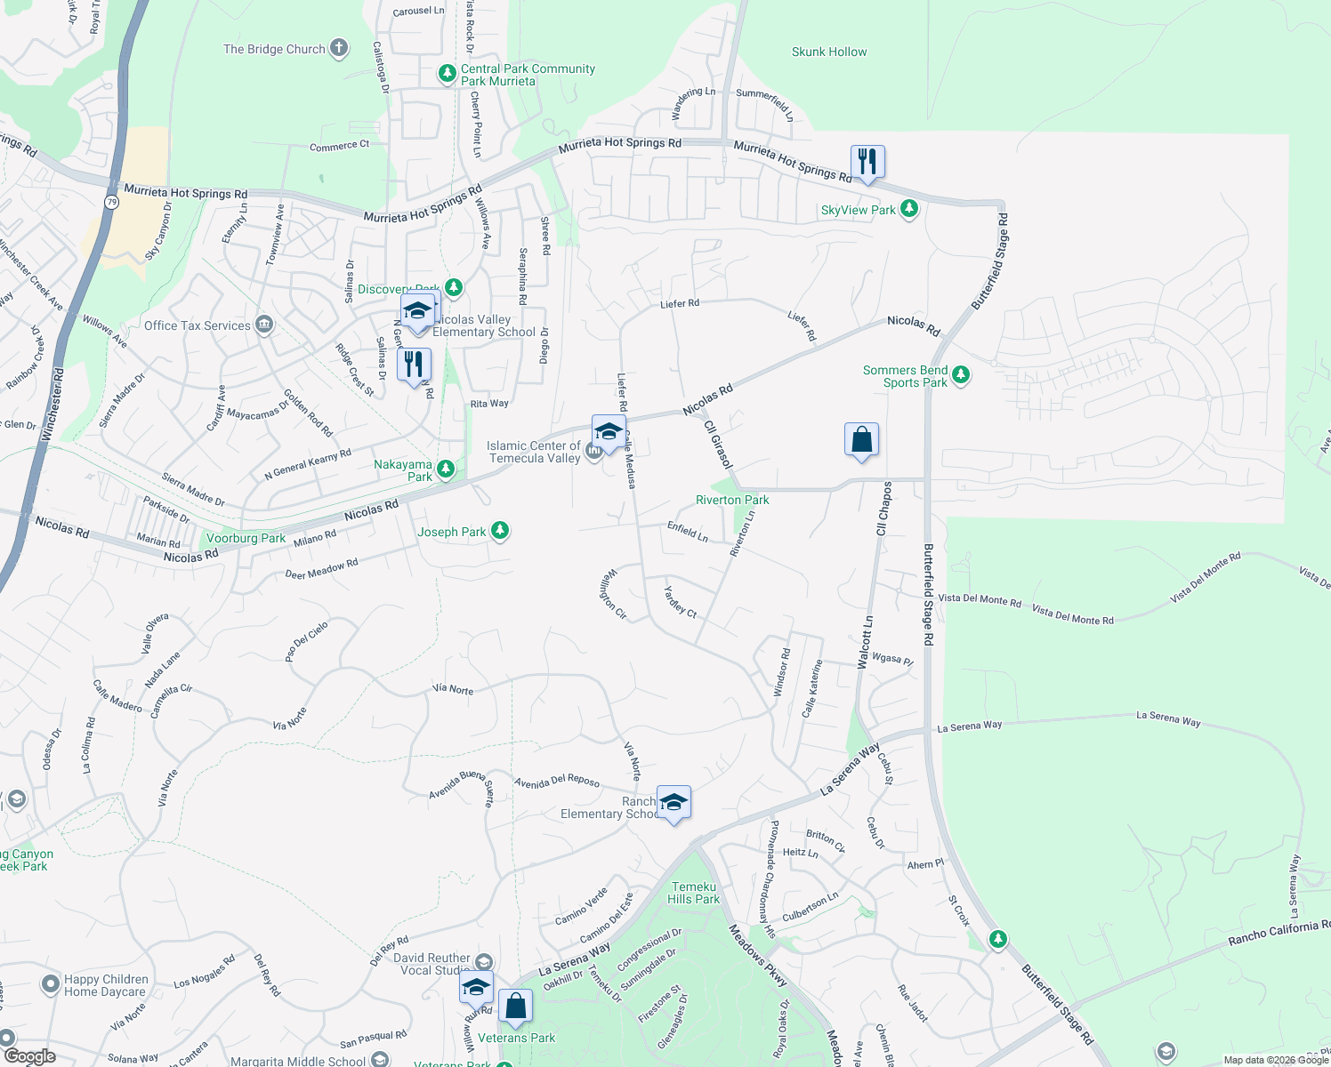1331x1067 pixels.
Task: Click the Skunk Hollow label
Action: pos(829,52)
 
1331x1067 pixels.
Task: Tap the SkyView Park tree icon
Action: pos(908,209)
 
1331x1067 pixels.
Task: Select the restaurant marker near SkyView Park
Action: pos(867,163)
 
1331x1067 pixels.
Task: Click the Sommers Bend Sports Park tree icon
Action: pos(960,375)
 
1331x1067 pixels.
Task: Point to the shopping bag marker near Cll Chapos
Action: pos(861,440)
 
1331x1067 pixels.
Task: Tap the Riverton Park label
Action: pos(732,501)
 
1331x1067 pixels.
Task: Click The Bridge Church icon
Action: pos(339,49)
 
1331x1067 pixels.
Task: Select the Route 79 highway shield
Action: pos(111,202)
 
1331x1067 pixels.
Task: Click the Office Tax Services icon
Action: pos(264,325)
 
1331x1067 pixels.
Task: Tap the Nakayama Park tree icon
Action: pos(446,469)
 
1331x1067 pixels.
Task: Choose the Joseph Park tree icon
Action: pos(500,531)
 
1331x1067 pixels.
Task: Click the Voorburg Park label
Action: pos(246,538)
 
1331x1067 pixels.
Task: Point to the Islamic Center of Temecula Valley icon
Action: pos(593,453)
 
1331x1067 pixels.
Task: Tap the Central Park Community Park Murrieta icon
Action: pos(448,74)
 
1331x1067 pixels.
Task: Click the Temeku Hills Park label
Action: pos(694,893)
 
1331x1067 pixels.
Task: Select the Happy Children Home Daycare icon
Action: pos(51,984)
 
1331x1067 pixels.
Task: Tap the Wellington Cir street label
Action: pos(615,594)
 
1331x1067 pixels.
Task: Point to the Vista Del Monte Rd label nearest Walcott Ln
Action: pos(980,600)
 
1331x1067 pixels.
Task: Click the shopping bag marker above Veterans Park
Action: pos(516,1007)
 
